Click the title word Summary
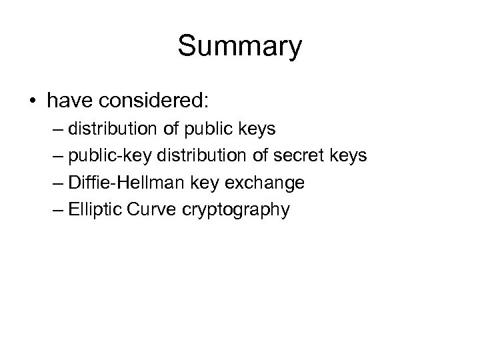tap(240, 47)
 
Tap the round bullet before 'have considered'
tap(33, 102)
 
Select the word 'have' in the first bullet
tap(69, 101)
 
